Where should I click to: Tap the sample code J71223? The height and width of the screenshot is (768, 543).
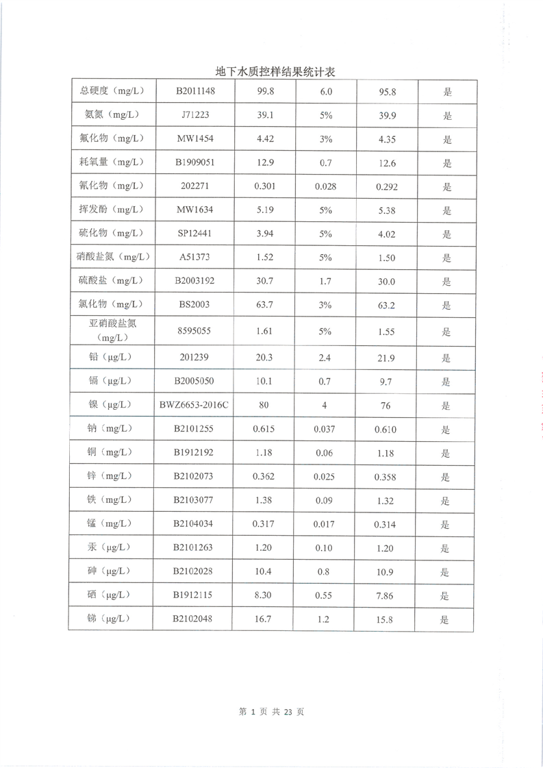coord(196,116)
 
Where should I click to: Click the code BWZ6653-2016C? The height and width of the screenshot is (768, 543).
coord(194,405)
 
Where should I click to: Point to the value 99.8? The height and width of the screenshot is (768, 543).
coord(265,92)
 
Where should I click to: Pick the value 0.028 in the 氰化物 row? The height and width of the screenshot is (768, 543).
coord(325,186)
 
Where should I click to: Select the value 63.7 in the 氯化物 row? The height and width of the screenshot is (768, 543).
coord(264,304)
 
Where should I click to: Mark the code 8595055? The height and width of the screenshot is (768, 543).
coord(196,331)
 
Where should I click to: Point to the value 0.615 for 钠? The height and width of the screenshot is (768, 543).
coord(264,429)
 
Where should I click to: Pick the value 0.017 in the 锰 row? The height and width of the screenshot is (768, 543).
coord(325,525)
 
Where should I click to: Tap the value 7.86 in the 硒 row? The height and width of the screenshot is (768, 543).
coord(386,596)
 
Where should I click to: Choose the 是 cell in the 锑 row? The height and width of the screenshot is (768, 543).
coord(445,620)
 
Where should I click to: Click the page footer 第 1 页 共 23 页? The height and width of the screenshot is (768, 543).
coord(271,712)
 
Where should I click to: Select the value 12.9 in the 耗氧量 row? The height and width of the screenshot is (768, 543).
coord(264,162)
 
